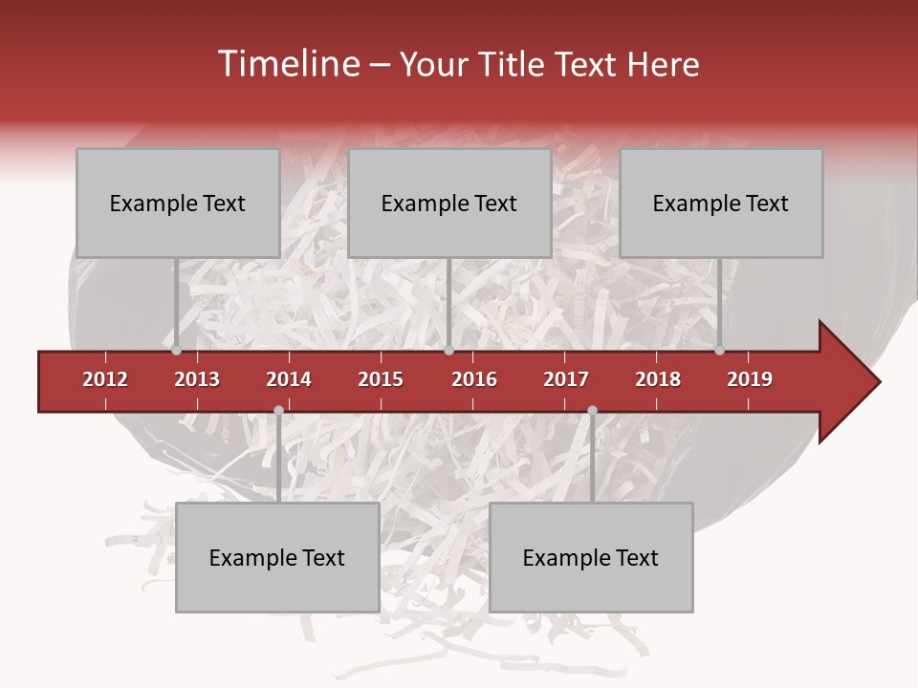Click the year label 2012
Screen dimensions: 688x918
(105, 379)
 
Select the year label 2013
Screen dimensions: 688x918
(197, 379)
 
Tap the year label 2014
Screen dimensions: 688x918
(289, 379)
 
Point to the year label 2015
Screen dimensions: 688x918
(381, 379)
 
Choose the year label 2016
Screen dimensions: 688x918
(474, 379)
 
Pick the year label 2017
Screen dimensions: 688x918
(566, 379)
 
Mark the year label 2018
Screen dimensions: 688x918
(658, 379)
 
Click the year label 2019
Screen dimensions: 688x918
(750, 379)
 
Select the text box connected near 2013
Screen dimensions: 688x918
(178, 203)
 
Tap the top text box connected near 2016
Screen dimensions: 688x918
(449, 203)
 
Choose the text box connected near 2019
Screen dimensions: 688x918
(721, 203)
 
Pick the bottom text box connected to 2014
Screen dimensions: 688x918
(277, 557)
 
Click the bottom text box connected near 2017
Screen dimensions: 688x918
(591, 557)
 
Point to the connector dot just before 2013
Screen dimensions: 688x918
(176, 351)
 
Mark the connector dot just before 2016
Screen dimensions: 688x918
(448, 351)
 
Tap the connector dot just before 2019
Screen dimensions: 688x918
(719, 351)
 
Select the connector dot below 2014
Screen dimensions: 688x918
(278, 410)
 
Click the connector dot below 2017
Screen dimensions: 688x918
(592, 410)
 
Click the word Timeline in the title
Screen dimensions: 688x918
(287, 64)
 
